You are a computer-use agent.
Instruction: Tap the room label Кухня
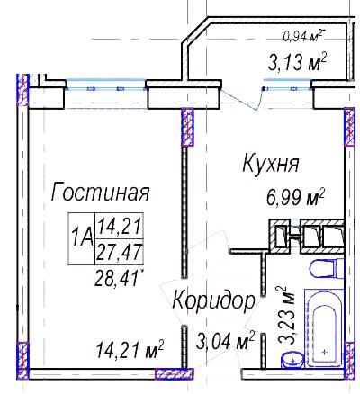(x=271, y=164)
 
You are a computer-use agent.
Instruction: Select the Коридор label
(x=214, y=300)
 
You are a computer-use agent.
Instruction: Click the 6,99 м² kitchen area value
(x=296, y=197)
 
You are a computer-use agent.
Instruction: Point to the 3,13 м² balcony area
(x=297, y=62)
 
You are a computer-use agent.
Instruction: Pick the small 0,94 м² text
(x=304, y=36)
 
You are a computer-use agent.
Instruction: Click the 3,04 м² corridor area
(x=225, y=341)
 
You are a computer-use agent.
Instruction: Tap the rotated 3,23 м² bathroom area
(x=286, y=315)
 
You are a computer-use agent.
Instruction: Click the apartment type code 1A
(x=82, y=238)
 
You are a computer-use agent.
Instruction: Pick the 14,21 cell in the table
(x=120, y=226)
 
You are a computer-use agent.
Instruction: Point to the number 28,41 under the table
(x=119, y=278)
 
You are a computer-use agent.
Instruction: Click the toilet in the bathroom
(x=326, y=268)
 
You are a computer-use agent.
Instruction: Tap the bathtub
(x=324, y=327)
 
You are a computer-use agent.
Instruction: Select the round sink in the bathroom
(x=293, y=359)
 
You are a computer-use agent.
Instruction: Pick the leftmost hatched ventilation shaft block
(x=279, y=235)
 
